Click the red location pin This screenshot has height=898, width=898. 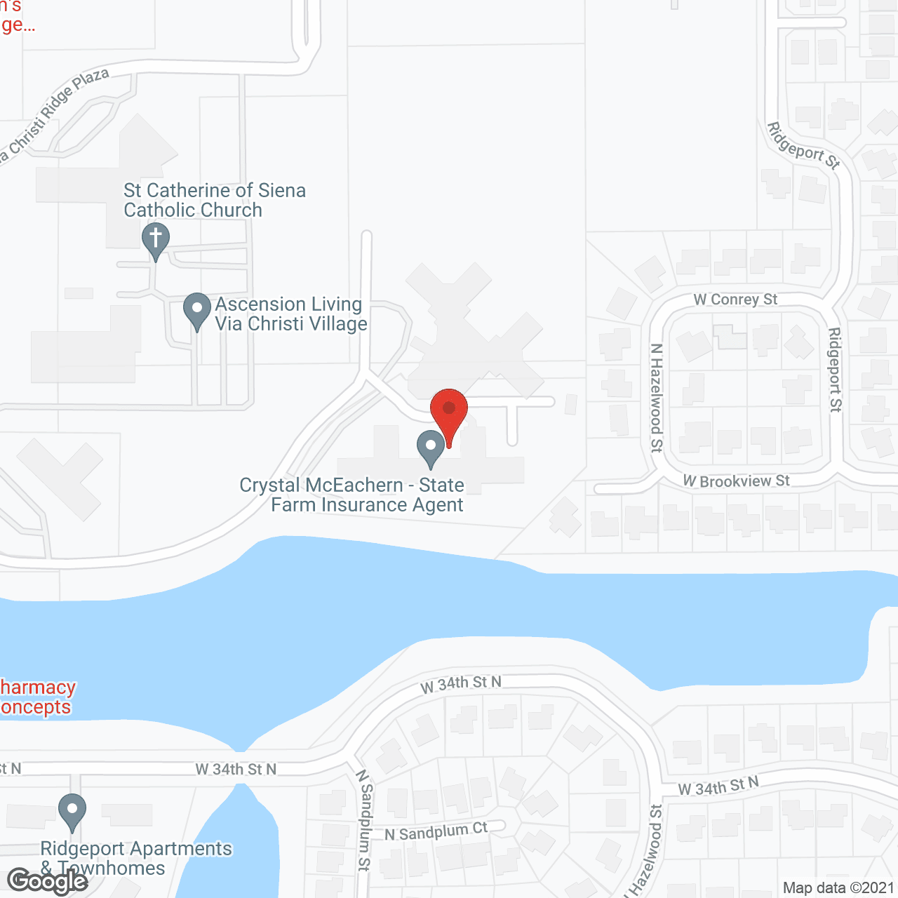point(449,410)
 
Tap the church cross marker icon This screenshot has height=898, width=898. point(156,239)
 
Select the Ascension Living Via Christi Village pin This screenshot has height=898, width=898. point(197,309)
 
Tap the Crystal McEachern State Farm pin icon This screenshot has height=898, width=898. point(431,447)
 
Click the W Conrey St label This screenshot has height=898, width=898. point(735,300)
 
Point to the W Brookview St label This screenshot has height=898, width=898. point(737,481)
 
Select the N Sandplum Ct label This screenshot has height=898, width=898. point(436,831)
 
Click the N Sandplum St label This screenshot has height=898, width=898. point(364,819)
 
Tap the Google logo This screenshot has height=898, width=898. point(47,881)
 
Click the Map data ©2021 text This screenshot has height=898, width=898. point(838,888)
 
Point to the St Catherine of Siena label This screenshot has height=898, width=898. point(214,200)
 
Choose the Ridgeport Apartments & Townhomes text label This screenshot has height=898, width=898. point(136,858)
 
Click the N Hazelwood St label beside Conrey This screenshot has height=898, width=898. point(657,397)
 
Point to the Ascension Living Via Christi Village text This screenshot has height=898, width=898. point(291,314)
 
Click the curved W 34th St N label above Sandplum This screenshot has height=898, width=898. point(461,684)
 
